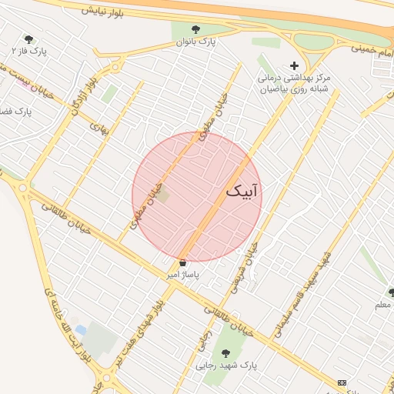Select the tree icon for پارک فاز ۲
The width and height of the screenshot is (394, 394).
(29, 39)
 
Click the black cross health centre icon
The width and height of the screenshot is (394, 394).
(292, 65)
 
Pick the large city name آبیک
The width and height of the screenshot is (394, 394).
(244, 190)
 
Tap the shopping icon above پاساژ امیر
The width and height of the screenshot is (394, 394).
(182, 263)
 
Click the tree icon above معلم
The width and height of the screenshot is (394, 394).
(391, 293)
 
